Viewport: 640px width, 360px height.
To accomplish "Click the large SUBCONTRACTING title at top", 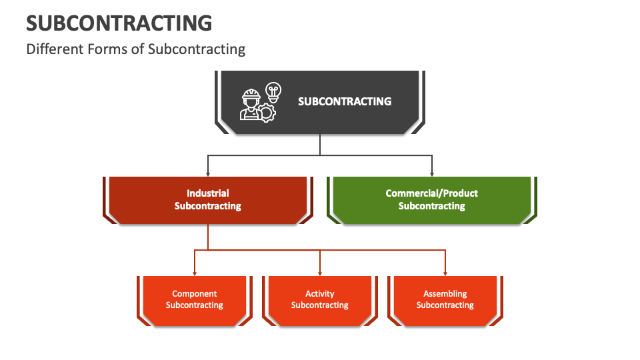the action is click(119, 23).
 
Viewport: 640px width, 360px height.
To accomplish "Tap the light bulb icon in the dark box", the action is click(273, 92).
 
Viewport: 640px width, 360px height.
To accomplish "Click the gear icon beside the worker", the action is click(267, 113).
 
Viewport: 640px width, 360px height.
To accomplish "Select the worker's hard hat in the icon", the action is click(251, 95).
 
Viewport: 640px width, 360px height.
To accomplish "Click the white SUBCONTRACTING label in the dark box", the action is click(345, 101).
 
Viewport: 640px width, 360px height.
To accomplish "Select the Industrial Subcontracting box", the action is click(208, 200).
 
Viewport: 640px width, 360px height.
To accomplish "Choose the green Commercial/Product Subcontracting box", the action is click(432, 200).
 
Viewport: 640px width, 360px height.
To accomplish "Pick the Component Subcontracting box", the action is click(195, 301).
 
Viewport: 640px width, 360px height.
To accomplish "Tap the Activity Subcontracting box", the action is click(320, 301).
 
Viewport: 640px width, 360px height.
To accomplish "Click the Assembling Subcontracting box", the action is click(445, 301).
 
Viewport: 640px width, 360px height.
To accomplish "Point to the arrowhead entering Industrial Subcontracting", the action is click(208, 174).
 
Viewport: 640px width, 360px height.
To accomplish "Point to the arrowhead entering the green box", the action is click(432, 174).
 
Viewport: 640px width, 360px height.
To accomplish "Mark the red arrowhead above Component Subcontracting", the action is click(195, 273).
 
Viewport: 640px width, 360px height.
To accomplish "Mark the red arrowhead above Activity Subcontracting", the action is click(320, 273).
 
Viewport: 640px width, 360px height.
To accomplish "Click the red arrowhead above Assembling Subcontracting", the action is click(445, 273).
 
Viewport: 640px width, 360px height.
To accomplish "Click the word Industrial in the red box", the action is click(208, 193).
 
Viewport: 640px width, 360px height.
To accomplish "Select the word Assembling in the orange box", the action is click(445, 294).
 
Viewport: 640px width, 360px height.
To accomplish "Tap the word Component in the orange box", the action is click(194, 294).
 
